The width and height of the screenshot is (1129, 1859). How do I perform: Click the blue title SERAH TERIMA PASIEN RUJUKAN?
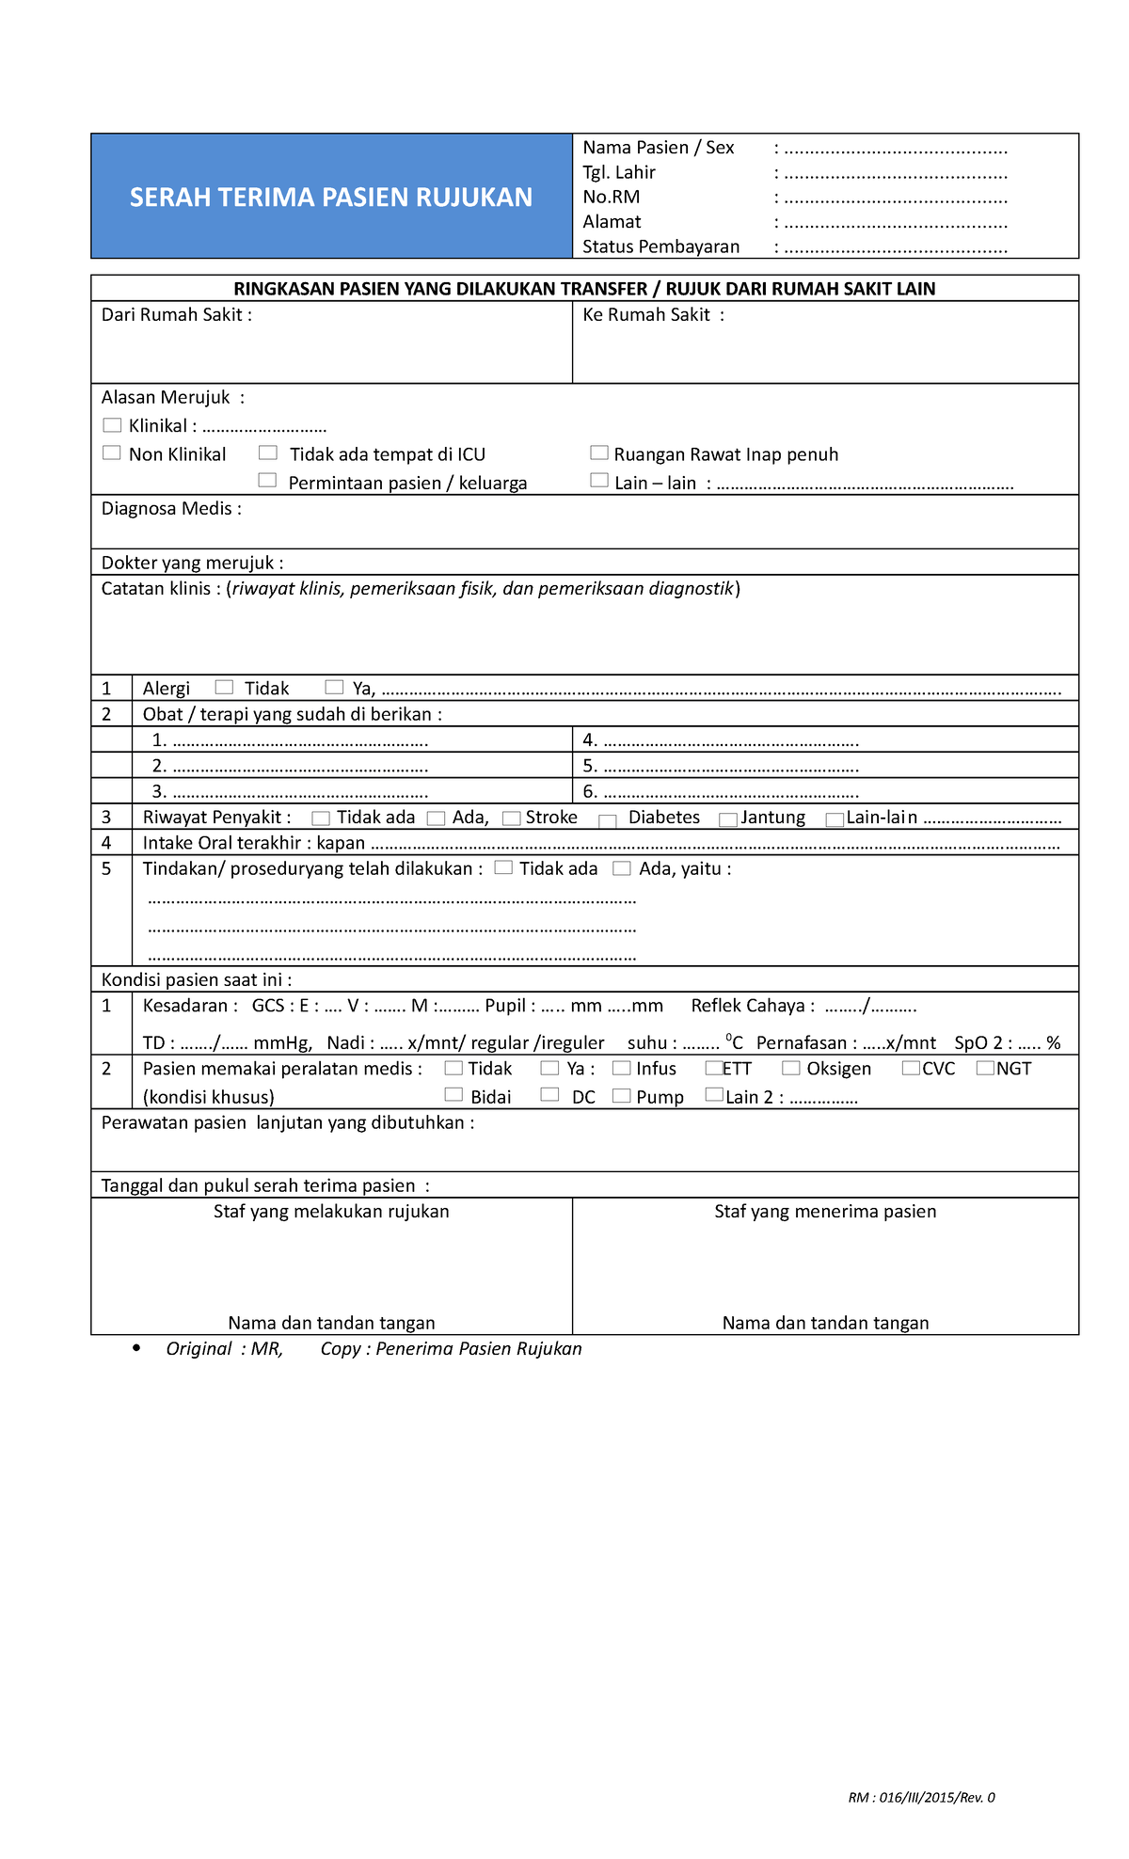pos(331,197)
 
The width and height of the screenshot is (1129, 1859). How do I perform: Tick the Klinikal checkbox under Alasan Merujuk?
pos(112,425)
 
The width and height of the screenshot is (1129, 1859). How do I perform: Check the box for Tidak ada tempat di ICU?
pos(268,453)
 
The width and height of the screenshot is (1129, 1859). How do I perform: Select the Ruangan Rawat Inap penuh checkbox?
pos(598,453)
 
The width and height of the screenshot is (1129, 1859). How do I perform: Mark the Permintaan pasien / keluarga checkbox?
pos(268,481)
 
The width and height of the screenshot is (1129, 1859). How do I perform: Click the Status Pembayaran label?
pos(660,246)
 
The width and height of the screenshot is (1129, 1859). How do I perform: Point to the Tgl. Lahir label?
pos(618,172)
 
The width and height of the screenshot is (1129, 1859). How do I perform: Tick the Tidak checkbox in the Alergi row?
pos(224,687)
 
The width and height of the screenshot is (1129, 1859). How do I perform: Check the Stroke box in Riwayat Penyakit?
pos(511,818)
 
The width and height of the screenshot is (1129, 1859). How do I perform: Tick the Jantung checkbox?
pos(727,819)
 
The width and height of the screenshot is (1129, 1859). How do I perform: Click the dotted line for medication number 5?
pos(730,767)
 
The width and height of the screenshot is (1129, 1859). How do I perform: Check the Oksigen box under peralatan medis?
pos(790,1068)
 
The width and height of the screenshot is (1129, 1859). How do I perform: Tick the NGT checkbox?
pos(985,1068)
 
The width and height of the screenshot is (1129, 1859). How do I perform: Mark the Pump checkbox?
pos(621,1095)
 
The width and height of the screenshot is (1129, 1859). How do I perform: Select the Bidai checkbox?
pos(453,1094)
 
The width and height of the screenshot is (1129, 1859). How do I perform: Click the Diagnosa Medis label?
pos(171,509)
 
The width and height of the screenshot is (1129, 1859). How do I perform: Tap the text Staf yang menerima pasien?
pos(825,1212)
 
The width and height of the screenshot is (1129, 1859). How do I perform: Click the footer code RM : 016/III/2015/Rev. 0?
pos(921,1797)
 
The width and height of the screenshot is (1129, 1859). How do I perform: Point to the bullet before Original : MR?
pos(137,1348)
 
